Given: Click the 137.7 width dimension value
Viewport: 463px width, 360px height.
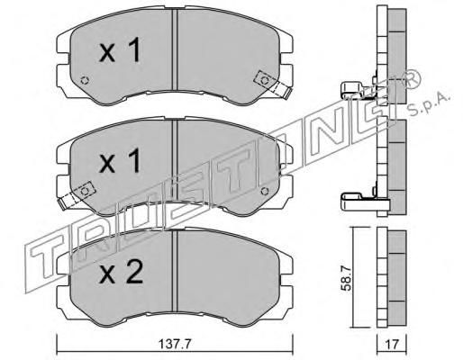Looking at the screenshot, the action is tap(175, 345).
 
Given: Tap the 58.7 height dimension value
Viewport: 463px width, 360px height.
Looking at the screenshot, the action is tap(347, 280).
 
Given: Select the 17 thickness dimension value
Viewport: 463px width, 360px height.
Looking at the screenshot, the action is tap(392, 345).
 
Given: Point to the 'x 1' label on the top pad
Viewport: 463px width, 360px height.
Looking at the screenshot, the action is tap(120, 49).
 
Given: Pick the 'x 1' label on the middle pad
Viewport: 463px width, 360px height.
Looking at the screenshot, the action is tap(120, 160).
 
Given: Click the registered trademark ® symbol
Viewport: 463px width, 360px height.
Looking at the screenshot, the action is tap(412, 78).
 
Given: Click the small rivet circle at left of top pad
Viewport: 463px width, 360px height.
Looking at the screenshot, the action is tap(85, 80).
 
